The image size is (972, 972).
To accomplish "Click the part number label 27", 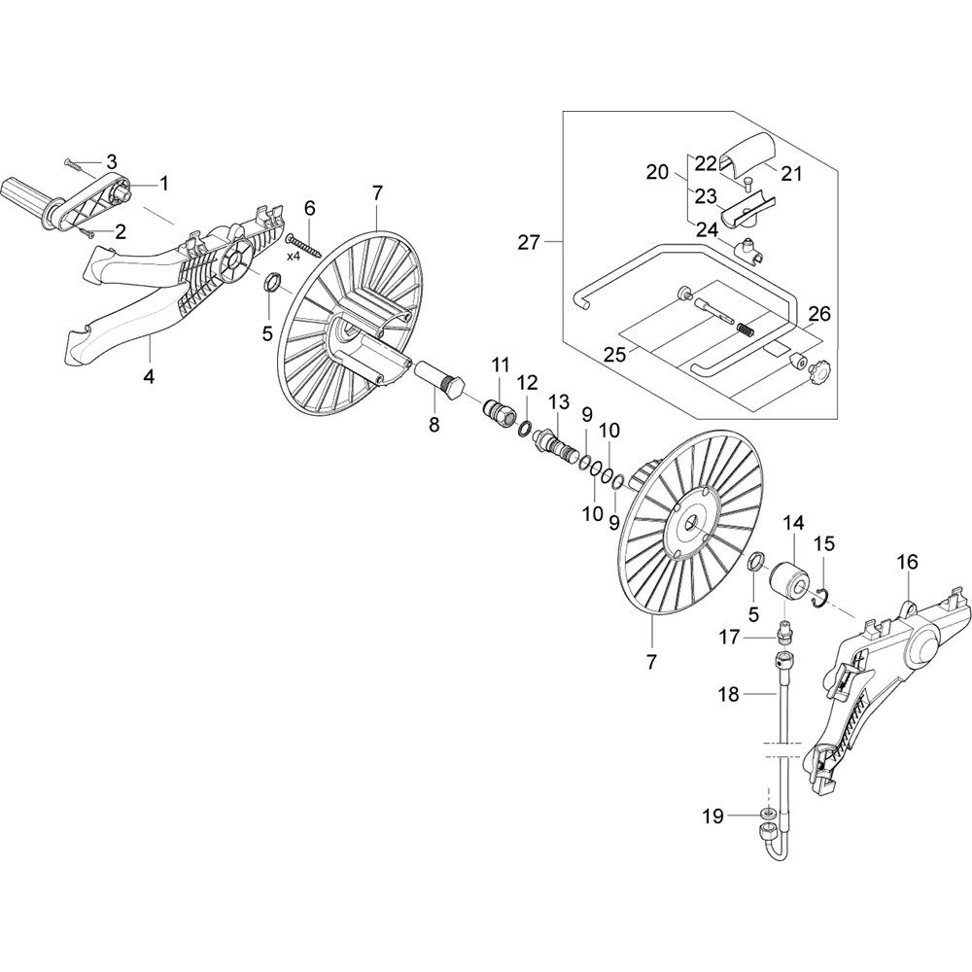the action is [x=529, y=242].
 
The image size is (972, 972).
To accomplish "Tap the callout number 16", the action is [x=908, y=563].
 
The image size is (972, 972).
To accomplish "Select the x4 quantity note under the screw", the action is [x=294, y=256].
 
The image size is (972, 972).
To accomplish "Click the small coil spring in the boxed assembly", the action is [x=746, y=329].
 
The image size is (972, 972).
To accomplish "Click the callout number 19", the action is [x=713, y=816].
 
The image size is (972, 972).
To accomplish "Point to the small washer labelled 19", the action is [x=768, y=813].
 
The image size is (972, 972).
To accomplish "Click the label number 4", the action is [x=149, y=376].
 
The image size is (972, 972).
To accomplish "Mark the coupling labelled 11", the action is [x=501, y=408].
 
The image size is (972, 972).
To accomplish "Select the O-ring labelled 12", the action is [x=525, y=427].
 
